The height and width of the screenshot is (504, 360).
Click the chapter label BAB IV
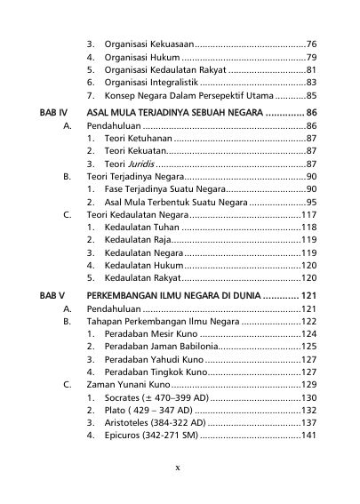click(x=54, y=113)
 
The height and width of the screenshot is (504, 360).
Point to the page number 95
click(x=312, y=202)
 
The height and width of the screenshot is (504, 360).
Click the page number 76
click(x=312, y=43)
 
